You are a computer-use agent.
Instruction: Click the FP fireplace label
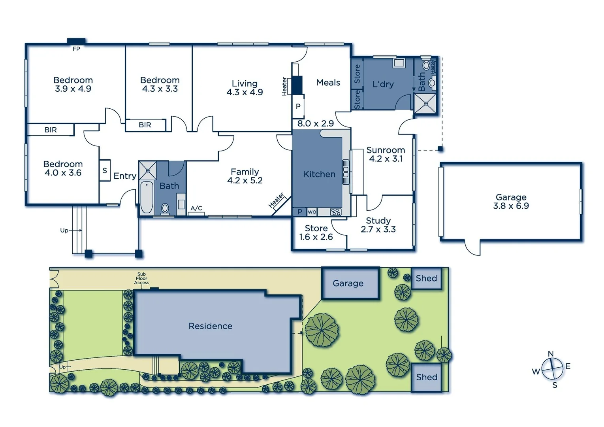[76, 49]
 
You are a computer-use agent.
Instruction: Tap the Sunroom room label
[386, 150]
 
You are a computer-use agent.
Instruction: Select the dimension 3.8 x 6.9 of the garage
[511, 206]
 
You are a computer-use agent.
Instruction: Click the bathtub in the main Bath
[147, 197]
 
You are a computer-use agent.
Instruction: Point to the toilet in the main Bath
[165, 208]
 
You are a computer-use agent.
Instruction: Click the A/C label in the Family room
[196, 208]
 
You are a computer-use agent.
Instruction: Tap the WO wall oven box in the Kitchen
[312, 212]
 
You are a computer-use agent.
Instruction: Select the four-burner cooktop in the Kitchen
[336, 212]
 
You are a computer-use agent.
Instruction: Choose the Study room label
[378, 221]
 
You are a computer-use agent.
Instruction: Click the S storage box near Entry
[105, 170]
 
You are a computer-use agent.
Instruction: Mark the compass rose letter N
[551, 353]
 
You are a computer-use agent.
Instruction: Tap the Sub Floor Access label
[141, 278]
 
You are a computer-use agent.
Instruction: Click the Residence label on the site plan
[210, 326]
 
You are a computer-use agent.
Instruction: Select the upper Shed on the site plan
[426, 278]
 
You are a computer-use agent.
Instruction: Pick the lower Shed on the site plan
[427, 377]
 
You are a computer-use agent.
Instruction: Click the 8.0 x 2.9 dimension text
[315, 123]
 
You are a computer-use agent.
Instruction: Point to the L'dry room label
[383, 84]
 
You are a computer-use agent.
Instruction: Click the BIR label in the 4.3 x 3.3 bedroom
[145, 125]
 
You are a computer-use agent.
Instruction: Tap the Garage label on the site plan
[348, 283]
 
